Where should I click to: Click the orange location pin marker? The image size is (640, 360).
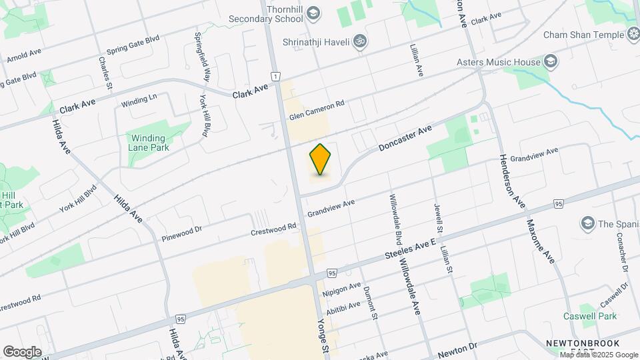(320, 159)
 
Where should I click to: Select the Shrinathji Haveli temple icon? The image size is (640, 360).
(360, 41)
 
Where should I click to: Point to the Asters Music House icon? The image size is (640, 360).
(551, 63)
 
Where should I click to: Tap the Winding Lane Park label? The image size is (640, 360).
(149, 143)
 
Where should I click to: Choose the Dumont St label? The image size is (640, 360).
(370, 303)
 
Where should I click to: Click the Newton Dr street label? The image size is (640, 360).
(459, 347)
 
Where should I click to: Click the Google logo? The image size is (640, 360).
(22, 351)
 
